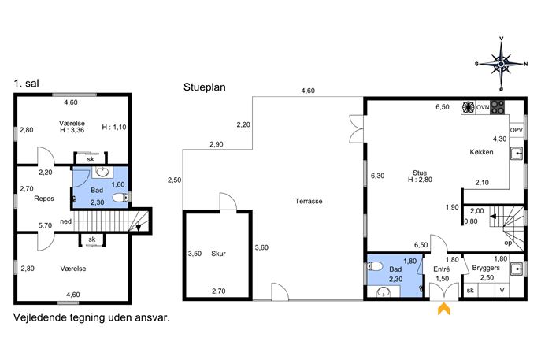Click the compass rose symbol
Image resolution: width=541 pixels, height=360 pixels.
[x=502, y=64]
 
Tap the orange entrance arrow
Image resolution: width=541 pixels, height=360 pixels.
[x=443, y=309]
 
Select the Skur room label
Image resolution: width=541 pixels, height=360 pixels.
[x=218, y=254]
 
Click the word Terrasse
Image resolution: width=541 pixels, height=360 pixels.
[x=309, y=201]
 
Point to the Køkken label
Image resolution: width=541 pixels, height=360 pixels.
[x=481, y=152]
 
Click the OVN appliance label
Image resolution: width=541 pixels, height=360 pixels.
[x=483, y=107]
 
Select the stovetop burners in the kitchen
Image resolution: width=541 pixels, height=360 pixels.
[x=497, y=107]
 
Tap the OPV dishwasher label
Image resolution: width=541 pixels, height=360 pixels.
[x=516, y=130]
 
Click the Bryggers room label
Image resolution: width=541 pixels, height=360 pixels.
[x=486, y=268]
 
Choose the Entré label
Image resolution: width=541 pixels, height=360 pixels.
[x=441, y=269]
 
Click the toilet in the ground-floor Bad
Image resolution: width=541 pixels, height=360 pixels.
[x=374, y=266]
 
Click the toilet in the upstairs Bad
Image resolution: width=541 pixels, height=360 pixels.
[x=120, y=198]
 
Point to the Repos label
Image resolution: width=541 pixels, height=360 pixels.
[x=44, y=199]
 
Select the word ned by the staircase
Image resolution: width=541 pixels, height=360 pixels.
[x=65, y=221]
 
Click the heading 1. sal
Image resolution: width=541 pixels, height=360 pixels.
[x=26, y=84]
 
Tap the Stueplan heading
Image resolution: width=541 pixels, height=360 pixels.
[x=204, y=87]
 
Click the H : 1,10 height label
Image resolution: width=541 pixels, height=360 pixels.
[x=114, y=127]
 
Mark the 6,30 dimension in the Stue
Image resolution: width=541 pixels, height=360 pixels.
[x=377, y=176]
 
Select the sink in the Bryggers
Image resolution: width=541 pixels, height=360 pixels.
[x=517, y=268]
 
